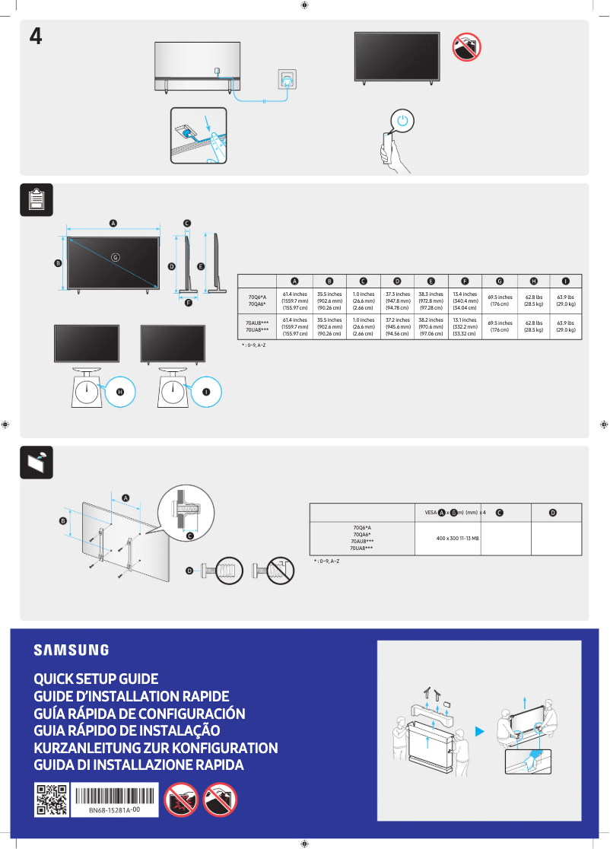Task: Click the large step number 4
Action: pyautogui.click(x=35, y=37)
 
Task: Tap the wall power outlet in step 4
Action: pyautogui.click(x=287, y=79)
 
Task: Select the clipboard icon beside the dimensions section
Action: pyautogui.click(x=36, y=199)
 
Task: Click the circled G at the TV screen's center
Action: pyautogui.click(x=116, y=256)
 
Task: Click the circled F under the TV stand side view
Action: pyautogui.click(x=187, y=303)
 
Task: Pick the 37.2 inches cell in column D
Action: pyautogui.click(x=397, y=327)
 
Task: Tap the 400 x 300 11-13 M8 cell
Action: pyautogui.click(x=447, y=538)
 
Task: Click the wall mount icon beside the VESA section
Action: pyautogui.click(x=36, y=462)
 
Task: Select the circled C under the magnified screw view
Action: pyautogui.click(x=190, y=536)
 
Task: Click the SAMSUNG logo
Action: pyautogui.click(x=71, y=650)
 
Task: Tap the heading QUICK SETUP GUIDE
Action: pyautogui.click(x=96, y=678)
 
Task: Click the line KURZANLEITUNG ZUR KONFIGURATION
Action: pyautogui.click(x=156, y=748)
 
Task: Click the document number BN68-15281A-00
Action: pyautogui.click(x=114, y=811)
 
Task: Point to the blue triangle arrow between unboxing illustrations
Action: pyautogui.click(x=479, y=732)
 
